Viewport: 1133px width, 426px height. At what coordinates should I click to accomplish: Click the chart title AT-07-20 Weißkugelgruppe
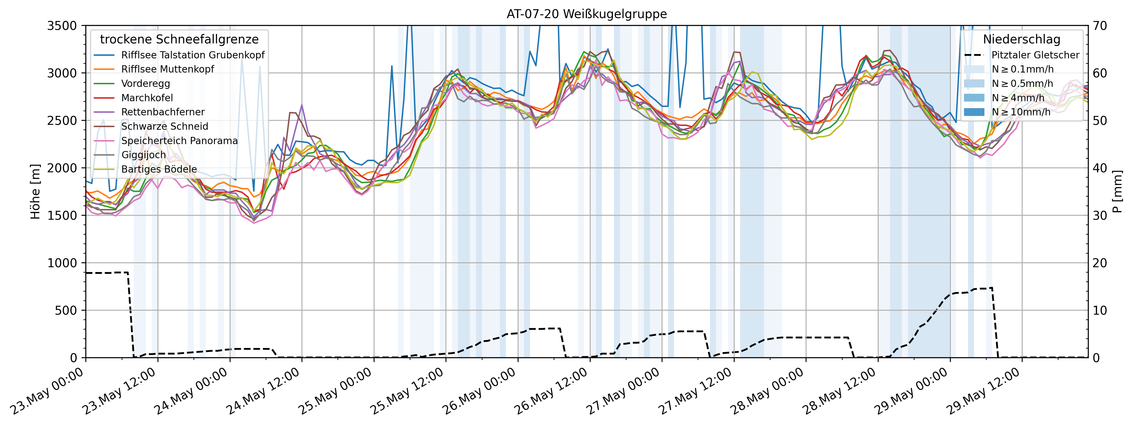(x=586, y=14)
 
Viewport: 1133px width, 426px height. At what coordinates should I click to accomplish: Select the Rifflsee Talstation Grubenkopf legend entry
(x=193, y=55)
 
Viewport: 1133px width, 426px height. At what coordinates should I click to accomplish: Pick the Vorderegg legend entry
(x=146, y=84)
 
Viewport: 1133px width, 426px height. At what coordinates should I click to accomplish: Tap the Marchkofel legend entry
(x=147, y=98)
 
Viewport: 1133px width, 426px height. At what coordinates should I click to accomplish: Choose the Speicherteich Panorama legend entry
(x=179, y=141)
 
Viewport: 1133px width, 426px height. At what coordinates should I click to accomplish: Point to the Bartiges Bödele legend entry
(x=159, y=169)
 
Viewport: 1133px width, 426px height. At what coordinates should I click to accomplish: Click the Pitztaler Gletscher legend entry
(x=1035, y=55)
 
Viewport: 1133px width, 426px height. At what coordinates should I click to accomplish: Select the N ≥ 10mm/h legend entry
(x=1021, y=112)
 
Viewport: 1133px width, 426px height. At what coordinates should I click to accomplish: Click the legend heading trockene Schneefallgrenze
(x=179, y=39)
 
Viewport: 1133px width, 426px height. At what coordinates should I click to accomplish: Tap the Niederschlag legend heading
(x=1021, y=39)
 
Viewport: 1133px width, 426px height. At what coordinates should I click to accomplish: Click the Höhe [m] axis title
(x=35, y=192)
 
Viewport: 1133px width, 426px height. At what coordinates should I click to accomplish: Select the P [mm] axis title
(x=1117, y=192)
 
